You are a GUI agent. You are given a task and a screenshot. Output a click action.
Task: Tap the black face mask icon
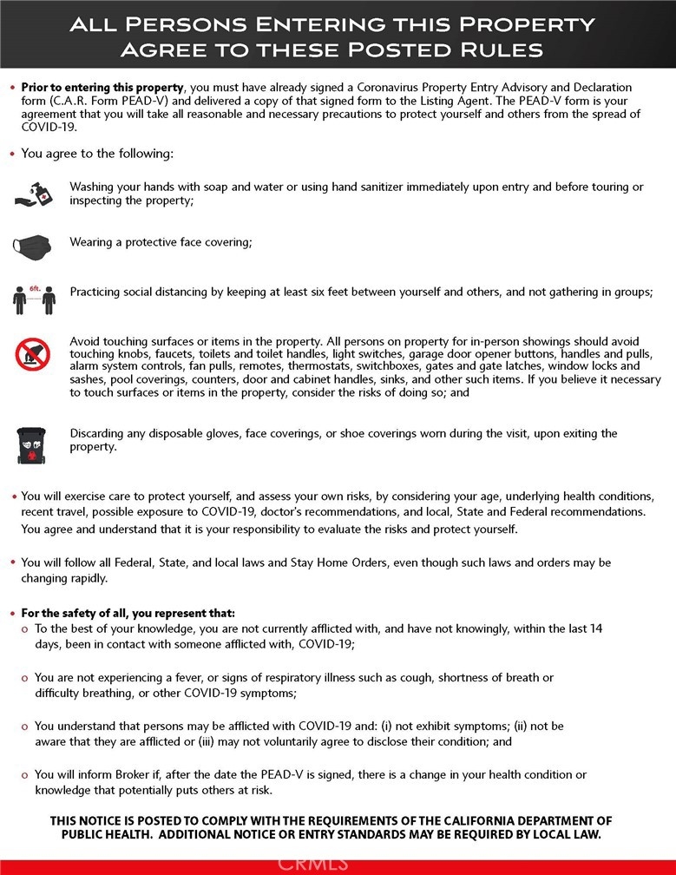tap(32, 244)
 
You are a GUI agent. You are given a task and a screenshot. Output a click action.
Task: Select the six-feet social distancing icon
tap(34, 298)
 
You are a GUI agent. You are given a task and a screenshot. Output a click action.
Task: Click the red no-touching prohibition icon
tap(33, 354)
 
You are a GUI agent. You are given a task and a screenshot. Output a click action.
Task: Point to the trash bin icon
tap(32, 444)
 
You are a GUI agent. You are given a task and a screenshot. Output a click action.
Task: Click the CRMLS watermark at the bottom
tap(312, 863)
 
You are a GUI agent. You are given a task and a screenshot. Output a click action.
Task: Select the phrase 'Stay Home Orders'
tap(325, 562)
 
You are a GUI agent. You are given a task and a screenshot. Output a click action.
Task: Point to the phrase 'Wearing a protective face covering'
tap(161, 242)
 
